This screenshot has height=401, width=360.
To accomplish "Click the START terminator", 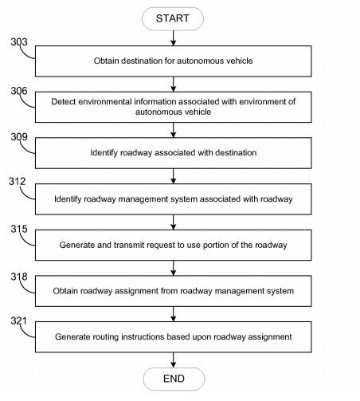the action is [x=173, y=18].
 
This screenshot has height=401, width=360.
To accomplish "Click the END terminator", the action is [x=174, y=379].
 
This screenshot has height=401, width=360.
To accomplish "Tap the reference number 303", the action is [x=19, y=42].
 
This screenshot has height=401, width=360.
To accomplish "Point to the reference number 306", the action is [x=19, y=91].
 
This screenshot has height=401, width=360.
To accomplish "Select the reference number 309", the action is [x=19, y=137].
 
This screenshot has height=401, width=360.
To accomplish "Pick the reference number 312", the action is [x=18, y=182].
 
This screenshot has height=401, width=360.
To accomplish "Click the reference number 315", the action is [x=19, y=229].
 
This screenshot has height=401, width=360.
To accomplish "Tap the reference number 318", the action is [x=19, y=277].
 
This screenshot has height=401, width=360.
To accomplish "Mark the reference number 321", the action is [x=18, y=321].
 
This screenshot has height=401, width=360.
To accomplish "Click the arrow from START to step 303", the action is [x=174, y=38].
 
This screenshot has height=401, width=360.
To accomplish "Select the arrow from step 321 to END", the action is [x=174, y=360].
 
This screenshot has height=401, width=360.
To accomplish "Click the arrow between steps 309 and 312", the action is [x=174, y=176].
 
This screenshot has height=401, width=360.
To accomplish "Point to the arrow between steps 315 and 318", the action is [x=174, y=268].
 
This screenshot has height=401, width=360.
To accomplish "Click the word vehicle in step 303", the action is [x=240, y=61].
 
